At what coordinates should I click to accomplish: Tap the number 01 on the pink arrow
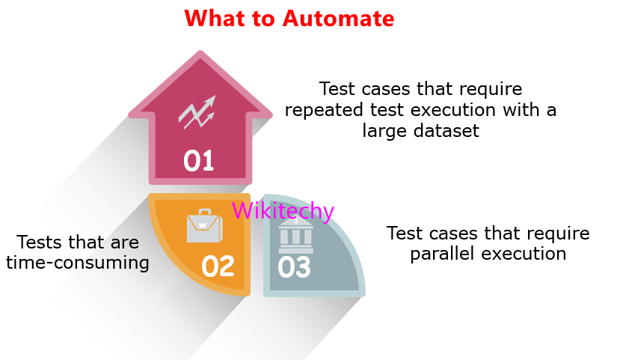tap(199, 160)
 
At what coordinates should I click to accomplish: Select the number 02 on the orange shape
tap(218, 266)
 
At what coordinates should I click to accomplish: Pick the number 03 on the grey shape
tap(294, 267)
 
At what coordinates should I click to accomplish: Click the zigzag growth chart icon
tap(197, 112)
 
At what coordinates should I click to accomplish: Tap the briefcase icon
tap(203, 227)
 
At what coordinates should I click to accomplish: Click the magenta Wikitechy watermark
tap(283, 211)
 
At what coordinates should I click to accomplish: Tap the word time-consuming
tap(78, 263)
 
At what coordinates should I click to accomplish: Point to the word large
tap(384, 130)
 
